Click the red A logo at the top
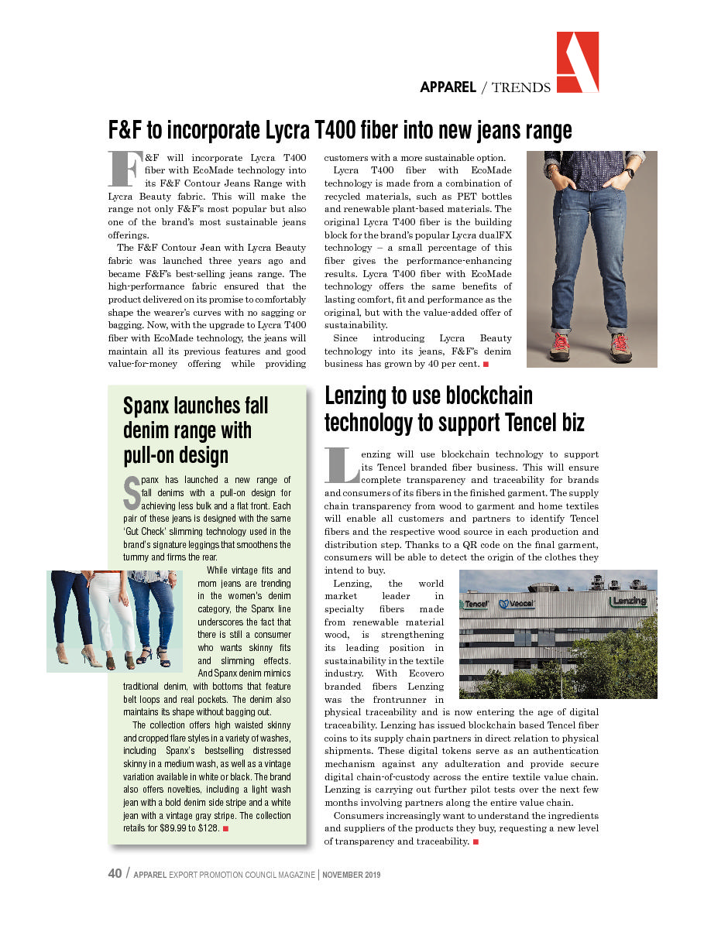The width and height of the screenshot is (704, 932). pyautogui.click(x=577, y=63)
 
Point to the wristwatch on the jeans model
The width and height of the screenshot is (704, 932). pyautogui.click(x=630, y=173)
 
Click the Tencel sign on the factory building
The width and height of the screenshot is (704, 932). pyautogui.click(x=476, y=603)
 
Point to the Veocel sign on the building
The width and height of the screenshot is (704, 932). pyautogui.click(x=517, y=604)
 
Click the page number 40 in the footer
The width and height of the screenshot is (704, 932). pyautogui.click(x=115, y=873)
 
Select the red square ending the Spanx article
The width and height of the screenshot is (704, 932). pyautogui.click(x=225, y=829)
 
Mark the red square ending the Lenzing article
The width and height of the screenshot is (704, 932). pyautogui.click(x=475, y=841)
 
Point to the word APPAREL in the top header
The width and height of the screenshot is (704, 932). pyautogui.click(x=448, y=87)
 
